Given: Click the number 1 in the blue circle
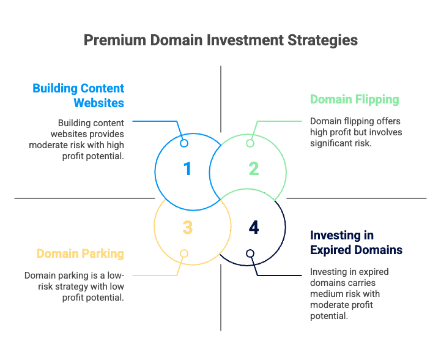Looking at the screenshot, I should point(187,168).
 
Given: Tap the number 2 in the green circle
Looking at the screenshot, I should point(253,168).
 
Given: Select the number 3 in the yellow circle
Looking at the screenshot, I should point(187,228).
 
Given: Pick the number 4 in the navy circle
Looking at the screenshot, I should point(254,228).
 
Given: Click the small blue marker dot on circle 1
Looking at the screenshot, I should point(183,143).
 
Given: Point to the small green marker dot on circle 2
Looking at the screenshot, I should point(250,143).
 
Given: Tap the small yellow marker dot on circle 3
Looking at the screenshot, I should point(183,253).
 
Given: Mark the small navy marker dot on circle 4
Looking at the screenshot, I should point(250,253).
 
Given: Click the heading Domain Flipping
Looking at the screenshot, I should point(354,99).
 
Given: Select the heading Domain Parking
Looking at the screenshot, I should point(80,253).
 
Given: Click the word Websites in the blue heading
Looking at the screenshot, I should point(99,102).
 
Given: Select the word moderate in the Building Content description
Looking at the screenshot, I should point(47,145).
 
